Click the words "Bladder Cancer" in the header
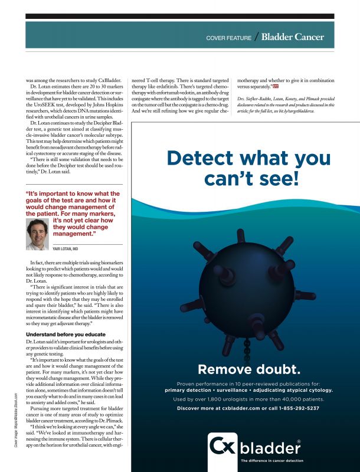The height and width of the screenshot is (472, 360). click(293, 37)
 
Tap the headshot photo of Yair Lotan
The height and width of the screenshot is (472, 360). click(37, 234)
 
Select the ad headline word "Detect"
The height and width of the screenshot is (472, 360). click(199, 159)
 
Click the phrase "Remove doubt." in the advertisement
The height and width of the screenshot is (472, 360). click(249, 370)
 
